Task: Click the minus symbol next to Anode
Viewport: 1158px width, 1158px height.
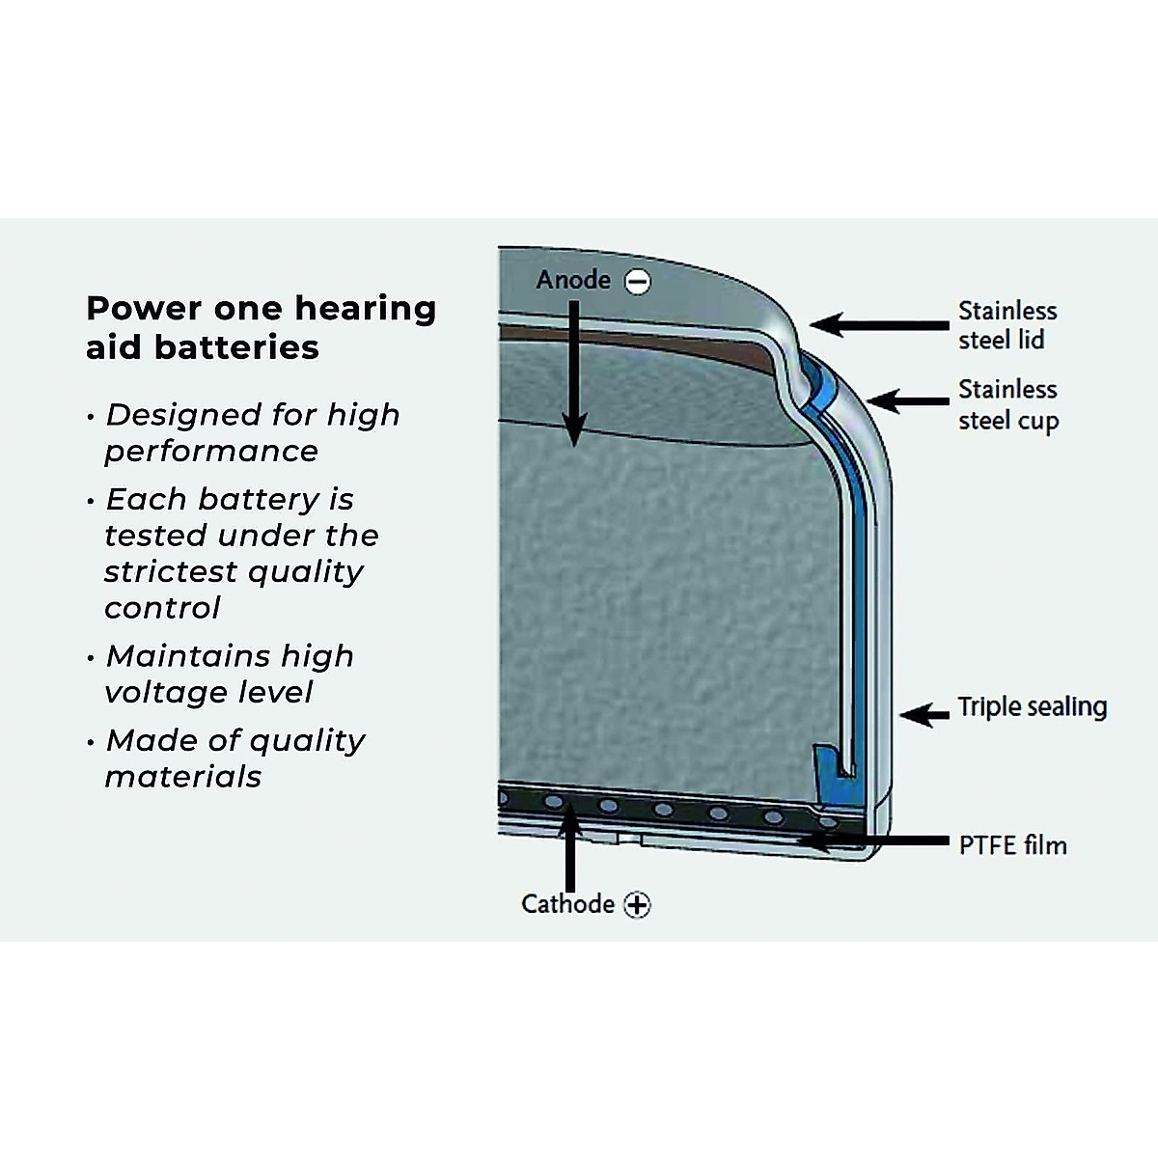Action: [x=637, y=281]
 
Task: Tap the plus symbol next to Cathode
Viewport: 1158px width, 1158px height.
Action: [x=637, y=905]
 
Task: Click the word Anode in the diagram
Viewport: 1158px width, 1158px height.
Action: [x=573, y=280]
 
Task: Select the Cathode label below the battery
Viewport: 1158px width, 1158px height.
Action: [x=567, y=904]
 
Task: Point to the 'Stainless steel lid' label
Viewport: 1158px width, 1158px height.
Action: [x=1006, y=325]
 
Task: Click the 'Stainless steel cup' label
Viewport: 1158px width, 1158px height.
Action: [x=1007, y=404]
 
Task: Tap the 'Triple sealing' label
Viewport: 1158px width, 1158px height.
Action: [x=1032, y=706]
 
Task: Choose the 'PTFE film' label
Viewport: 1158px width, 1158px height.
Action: [x=1012, y=845]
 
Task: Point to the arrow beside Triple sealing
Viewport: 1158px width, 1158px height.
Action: [x=924, y=714]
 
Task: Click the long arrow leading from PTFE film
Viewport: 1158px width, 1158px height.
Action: [x=868, y=841]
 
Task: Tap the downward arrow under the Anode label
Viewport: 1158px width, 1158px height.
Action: [x=574, y=376]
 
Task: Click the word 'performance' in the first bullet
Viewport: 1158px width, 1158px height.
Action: [x=211, y=452]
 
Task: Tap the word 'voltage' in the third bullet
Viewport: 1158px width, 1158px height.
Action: [x=159, y=692]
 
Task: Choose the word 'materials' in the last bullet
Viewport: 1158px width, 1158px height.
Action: [x=182, y=777]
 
